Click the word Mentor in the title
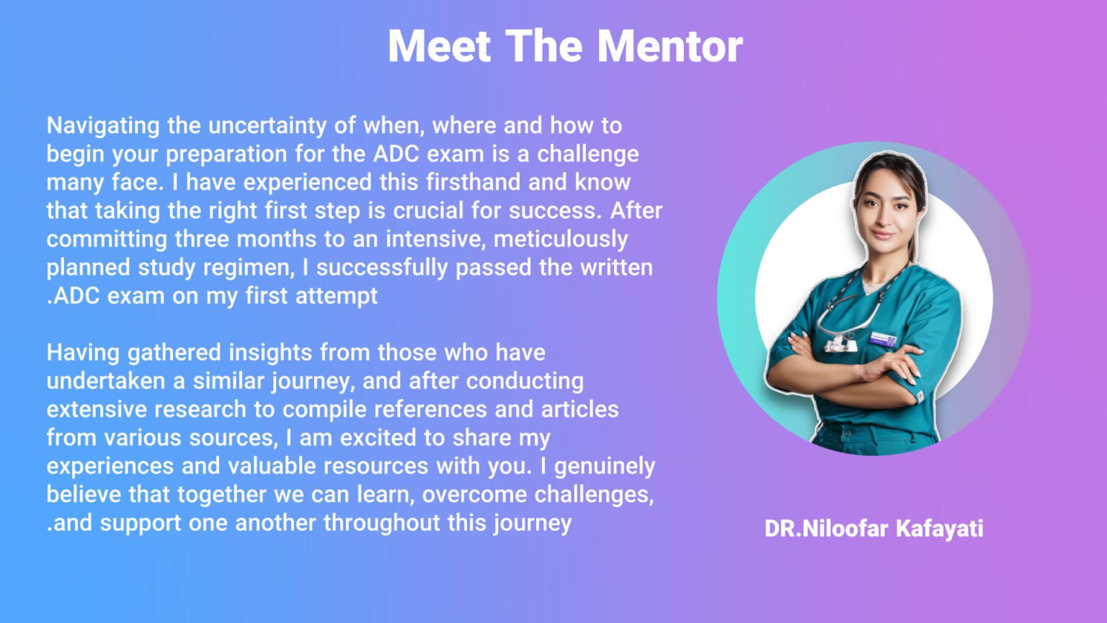[670, 46]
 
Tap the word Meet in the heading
[440, 46]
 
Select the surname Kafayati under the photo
[940, 529]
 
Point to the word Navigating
[103, 126]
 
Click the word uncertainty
[267, 125]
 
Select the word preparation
[226, 154]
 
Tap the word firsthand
[473, 182]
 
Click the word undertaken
[106, 381]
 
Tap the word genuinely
[605, 467]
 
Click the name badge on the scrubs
[883, 339]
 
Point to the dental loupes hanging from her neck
[841, 340]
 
